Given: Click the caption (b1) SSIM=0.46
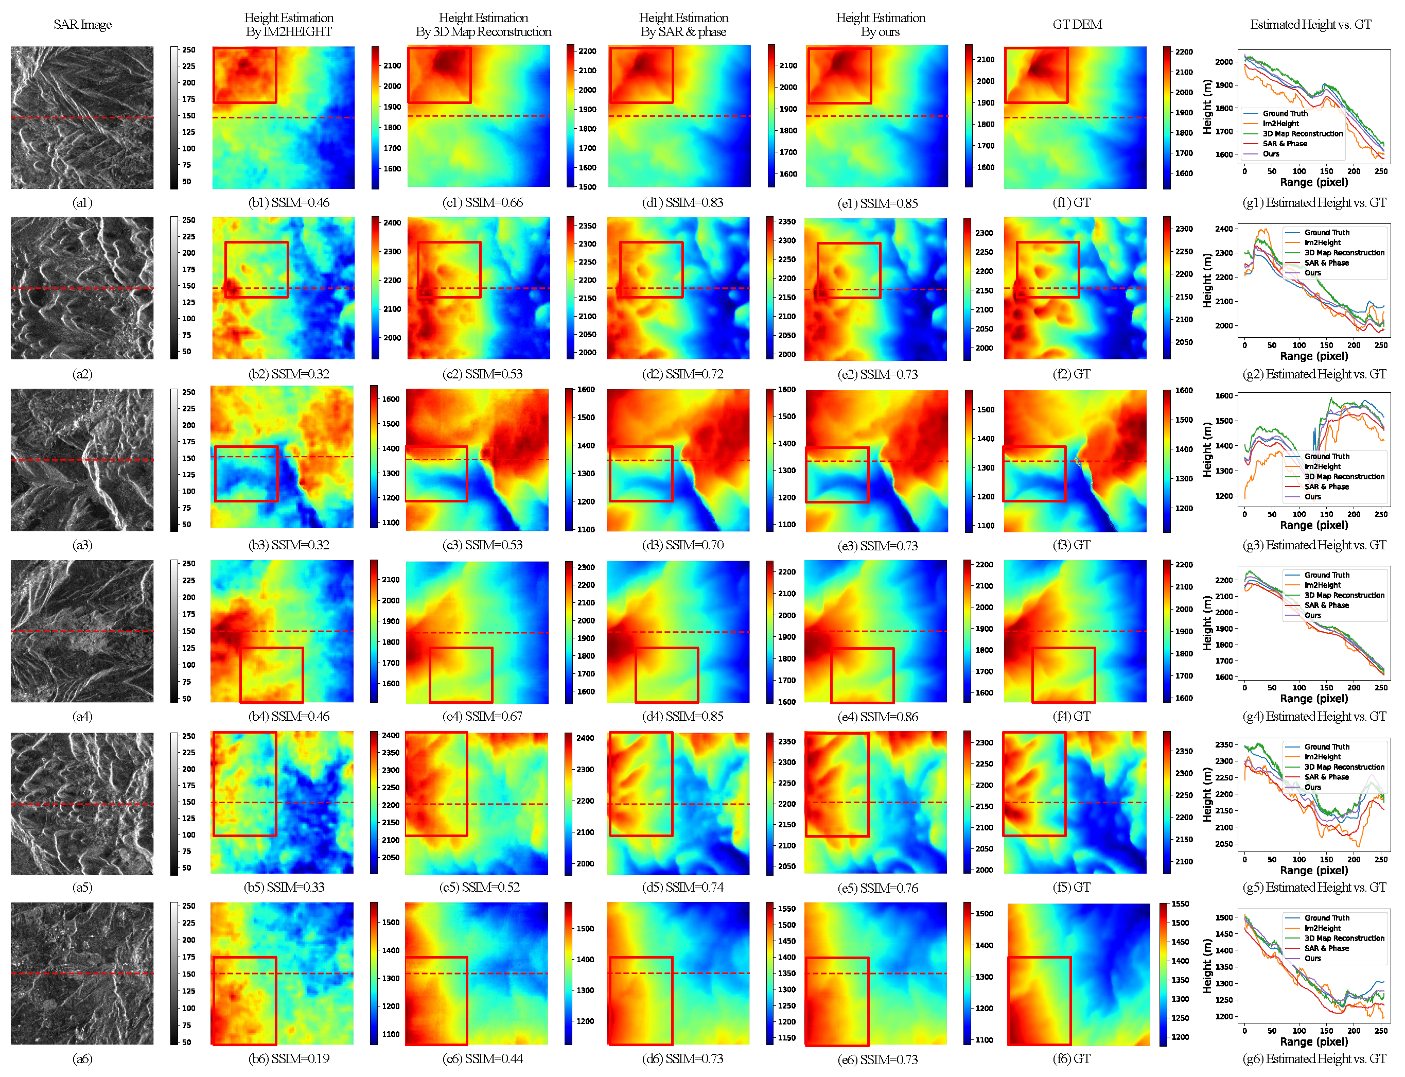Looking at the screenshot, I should pos(289,202).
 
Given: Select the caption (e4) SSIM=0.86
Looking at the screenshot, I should pos(877,717).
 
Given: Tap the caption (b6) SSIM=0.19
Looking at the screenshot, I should pos(289,1059).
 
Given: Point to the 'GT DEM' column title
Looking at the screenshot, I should pos(1077,24).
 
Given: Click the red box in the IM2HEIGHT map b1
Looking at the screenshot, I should pos(245,75).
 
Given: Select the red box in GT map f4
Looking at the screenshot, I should pos(1063,675).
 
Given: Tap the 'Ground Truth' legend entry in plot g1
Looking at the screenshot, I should pos(1285,113).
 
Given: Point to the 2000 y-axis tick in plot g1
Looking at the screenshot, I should pos(1224,62).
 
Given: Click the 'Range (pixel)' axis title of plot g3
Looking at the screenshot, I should pos(1313,525).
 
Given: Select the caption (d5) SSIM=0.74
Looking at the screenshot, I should pos(682,887).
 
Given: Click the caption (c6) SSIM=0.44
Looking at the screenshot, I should pos(482,1059).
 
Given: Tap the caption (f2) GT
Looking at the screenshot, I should pos(1071,374).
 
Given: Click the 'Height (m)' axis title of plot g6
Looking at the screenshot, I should pos(1208,966).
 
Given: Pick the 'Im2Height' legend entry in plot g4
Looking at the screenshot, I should pos(1322,585).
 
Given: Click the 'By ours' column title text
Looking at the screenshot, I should pos(880,32).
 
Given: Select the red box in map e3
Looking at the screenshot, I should pos(837,474).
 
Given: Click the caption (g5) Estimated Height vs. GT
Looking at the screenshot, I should pos(1314,887).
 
